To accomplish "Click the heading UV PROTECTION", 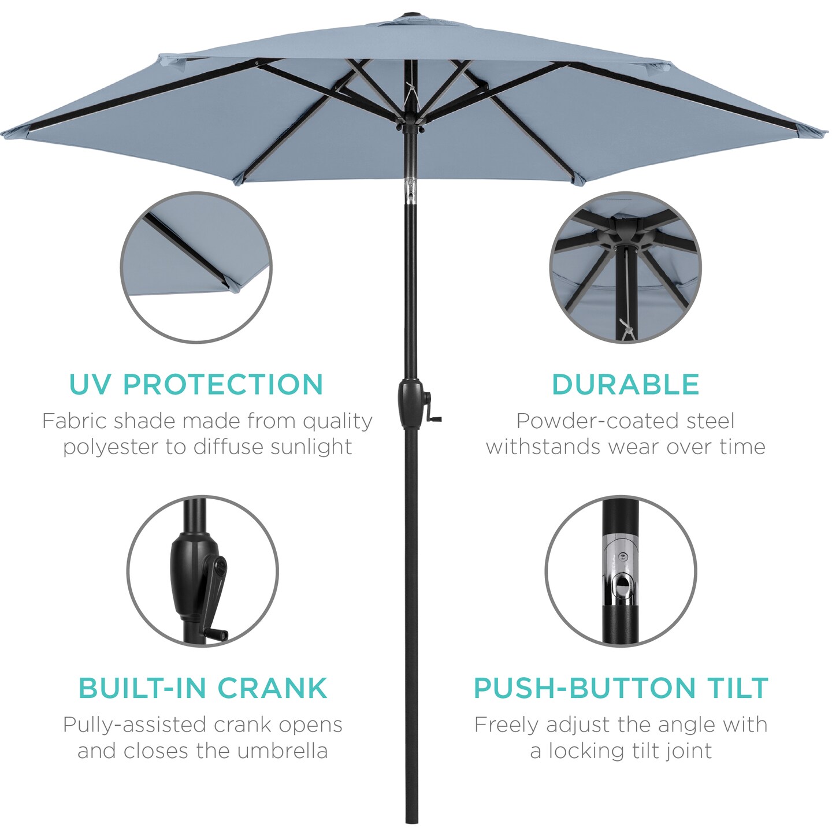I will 196,385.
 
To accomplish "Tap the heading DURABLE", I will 625,385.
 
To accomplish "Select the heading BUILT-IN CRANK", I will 203,688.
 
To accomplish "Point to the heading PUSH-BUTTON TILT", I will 621,688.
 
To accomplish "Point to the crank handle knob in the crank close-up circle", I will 219,635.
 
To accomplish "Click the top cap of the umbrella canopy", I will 412,12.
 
